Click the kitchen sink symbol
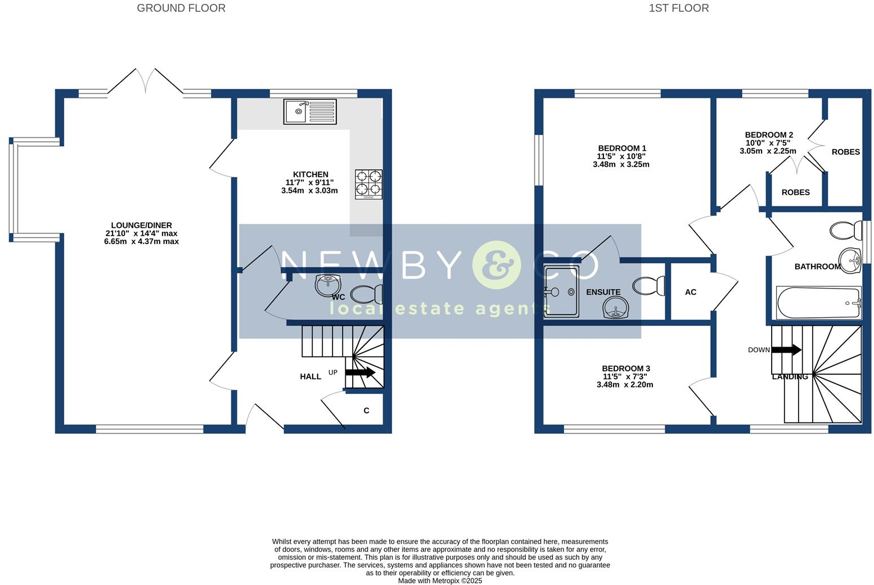pos(310,111)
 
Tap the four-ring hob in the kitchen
pos(368,184)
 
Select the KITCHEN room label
pos(310,174)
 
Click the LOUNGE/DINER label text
pos(141,225)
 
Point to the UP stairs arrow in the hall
pos(360,372)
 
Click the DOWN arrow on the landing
pos(786,350)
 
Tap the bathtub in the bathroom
pos(818,303)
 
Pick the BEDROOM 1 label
pos(622,148)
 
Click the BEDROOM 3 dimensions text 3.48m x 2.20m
pos(625,385)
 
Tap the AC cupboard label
pos(691,292)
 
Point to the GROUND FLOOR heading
pos(181,8)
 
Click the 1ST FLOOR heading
pos(679,8)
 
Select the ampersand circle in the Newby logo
pos(497,265)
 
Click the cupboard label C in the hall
pos(366,411)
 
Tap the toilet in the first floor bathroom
pos(846,230)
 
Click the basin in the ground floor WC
pos(328,285)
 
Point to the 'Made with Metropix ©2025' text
pos(440,580)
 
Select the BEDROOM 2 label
pos(769,134)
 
